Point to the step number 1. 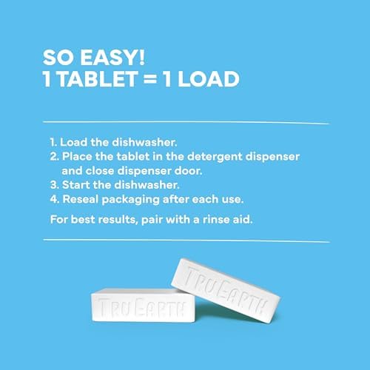point(53,141)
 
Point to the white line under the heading point(185,120)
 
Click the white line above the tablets point(185,240)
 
